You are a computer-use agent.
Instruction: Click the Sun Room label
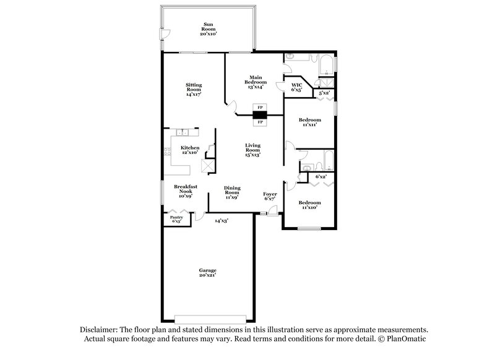pyautogui.click(x=208, y=28)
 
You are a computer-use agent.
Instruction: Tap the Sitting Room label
pyautogui.click(x=194, y=90)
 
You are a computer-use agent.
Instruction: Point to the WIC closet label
pyautogui.click(x=296, y=87)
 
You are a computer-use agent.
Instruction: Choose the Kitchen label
pyautogui.click(x=190, y=150)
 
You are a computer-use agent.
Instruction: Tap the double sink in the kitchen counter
pyautogui.click(x=183, y=132)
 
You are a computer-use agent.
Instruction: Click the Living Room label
pyautogui.click(x=252, y=150)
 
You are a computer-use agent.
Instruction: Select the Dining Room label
pyautogui.click(x=231, y=192)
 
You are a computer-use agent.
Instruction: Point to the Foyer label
pyautogui.click(x=269, y=195)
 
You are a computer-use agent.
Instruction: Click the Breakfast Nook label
pyautogui.click(x=186, y=189)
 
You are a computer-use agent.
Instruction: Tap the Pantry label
pyautogui.click(x=176, y=218)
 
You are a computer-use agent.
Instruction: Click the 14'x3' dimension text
pyautogui.click(x=222, y=221)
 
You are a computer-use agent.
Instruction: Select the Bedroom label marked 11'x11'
pyautogui.click(x=310, y=122)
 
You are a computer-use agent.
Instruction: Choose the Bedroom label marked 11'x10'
pyautogui.click(x=309, y=205)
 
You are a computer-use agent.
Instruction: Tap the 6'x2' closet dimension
pyautogui.click(x=321, y=177)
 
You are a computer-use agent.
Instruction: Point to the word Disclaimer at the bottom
pyautogui.click(x=100, y=330)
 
